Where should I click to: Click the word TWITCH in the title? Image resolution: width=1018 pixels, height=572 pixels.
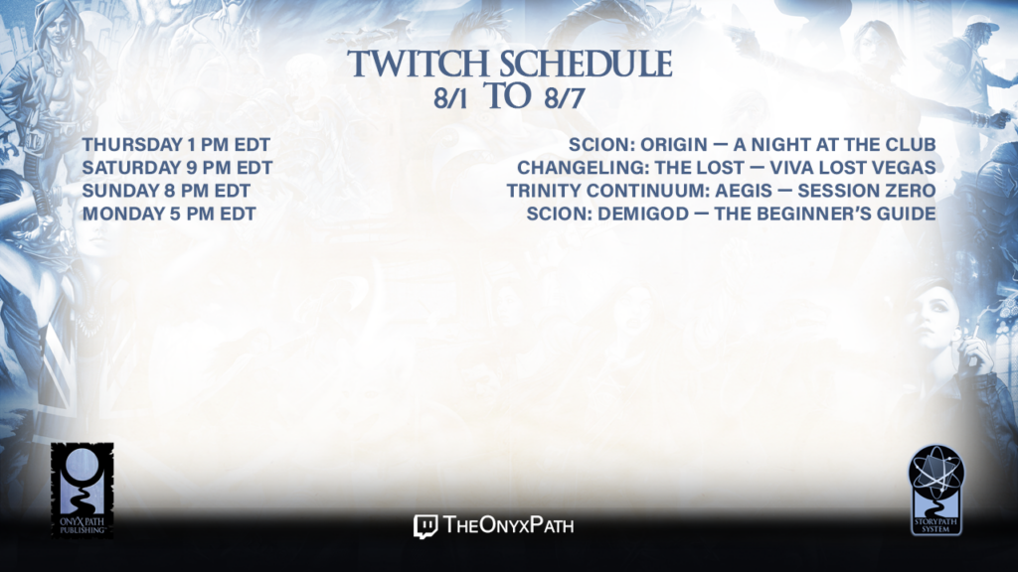coord(418,64)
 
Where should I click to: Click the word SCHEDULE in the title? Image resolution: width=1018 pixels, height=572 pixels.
coord(586,64)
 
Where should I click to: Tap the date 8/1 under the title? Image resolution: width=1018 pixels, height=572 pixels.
coord(450,98)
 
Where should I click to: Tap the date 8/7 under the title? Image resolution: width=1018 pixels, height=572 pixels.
coord(565,98)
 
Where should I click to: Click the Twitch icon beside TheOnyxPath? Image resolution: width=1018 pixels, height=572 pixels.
coord(425,526)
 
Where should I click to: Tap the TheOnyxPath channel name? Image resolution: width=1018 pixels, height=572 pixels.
coord(509,525)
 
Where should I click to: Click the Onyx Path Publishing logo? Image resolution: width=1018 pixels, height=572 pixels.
coord(82,491)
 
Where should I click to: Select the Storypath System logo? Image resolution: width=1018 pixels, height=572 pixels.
coord(936,491)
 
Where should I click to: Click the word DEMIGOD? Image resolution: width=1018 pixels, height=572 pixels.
coord(643,214)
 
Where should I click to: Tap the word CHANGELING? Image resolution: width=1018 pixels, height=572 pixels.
coord(583,168)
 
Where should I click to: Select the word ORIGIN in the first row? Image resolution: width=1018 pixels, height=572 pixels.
coord(674,145)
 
